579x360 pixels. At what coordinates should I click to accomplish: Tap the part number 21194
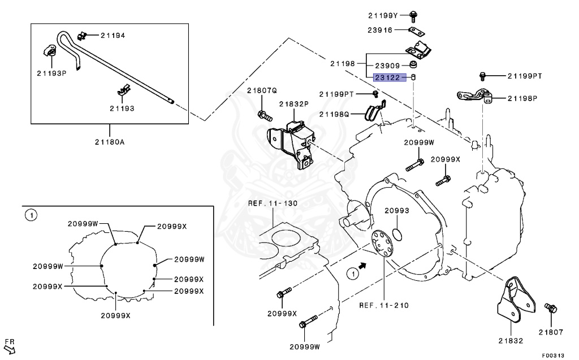113,35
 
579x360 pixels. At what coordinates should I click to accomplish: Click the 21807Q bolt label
262,90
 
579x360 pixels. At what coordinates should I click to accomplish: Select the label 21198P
522,98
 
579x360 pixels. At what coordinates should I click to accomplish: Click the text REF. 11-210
384,305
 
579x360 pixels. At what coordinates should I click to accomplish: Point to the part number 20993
397,211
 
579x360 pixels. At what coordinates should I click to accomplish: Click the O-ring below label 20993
397,234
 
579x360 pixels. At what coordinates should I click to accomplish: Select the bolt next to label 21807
550,308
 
